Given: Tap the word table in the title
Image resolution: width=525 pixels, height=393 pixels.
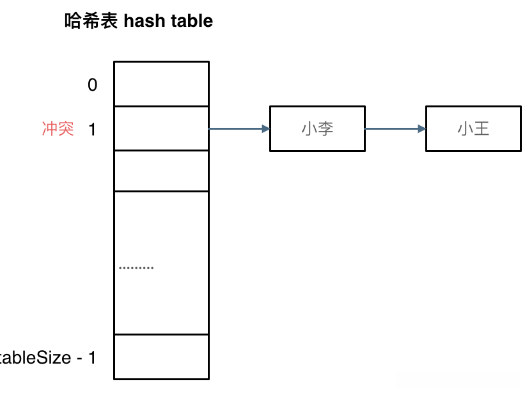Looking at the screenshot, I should click(191, 21).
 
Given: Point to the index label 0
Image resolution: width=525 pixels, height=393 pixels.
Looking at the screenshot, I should click(93, 85).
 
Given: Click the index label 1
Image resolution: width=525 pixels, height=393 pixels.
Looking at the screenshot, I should click(92, 129).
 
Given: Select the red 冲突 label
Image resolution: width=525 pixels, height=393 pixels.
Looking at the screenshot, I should click(58, 129).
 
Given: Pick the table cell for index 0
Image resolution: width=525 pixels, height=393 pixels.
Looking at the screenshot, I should click(161, 84).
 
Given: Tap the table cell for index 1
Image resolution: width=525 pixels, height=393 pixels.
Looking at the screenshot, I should click(161, 128).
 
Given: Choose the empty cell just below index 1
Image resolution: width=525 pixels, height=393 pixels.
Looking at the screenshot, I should click(161, 171).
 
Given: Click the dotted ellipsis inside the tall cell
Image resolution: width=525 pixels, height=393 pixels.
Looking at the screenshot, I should click(136, 267).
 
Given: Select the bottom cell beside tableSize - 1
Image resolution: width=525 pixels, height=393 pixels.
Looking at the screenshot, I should click(161, 357).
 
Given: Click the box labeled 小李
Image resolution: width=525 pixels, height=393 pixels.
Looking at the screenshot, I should click(317, 129).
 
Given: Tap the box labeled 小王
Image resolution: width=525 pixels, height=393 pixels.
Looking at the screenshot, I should click(473, 129).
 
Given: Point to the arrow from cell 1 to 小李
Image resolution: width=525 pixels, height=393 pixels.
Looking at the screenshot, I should click(237, 129).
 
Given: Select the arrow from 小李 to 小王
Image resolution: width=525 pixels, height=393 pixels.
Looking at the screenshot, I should click(393, 129).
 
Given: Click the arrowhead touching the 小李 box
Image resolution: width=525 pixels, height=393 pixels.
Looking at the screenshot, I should click(265, 129).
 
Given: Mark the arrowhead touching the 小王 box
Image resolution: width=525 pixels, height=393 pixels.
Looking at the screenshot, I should click(421, 129).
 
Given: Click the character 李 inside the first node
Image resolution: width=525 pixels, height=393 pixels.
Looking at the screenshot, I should click(326, 129).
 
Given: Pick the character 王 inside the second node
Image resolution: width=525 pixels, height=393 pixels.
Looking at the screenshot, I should click(482, 129).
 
